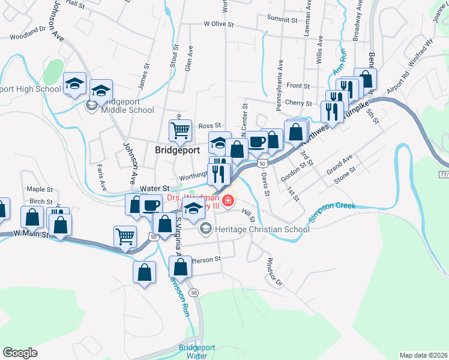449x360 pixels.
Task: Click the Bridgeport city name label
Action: coord(177,150)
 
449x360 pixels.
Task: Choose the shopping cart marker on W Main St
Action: coord(125,235)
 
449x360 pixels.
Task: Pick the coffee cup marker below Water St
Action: coord(151,205)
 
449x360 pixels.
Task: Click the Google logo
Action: coord(20,353)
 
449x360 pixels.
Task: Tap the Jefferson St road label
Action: coord(205,259)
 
